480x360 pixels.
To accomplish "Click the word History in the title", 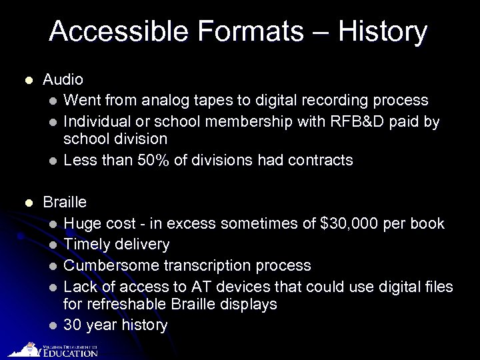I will tap(382, 31).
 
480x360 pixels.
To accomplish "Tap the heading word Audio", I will tap(63, 80).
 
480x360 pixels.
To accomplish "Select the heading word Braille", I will tap(65, 202).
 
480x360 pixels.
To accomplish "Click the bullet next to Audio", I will tap(27, 81).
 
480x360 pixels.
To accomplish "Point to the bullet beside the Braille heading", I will tap(27, 203).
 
